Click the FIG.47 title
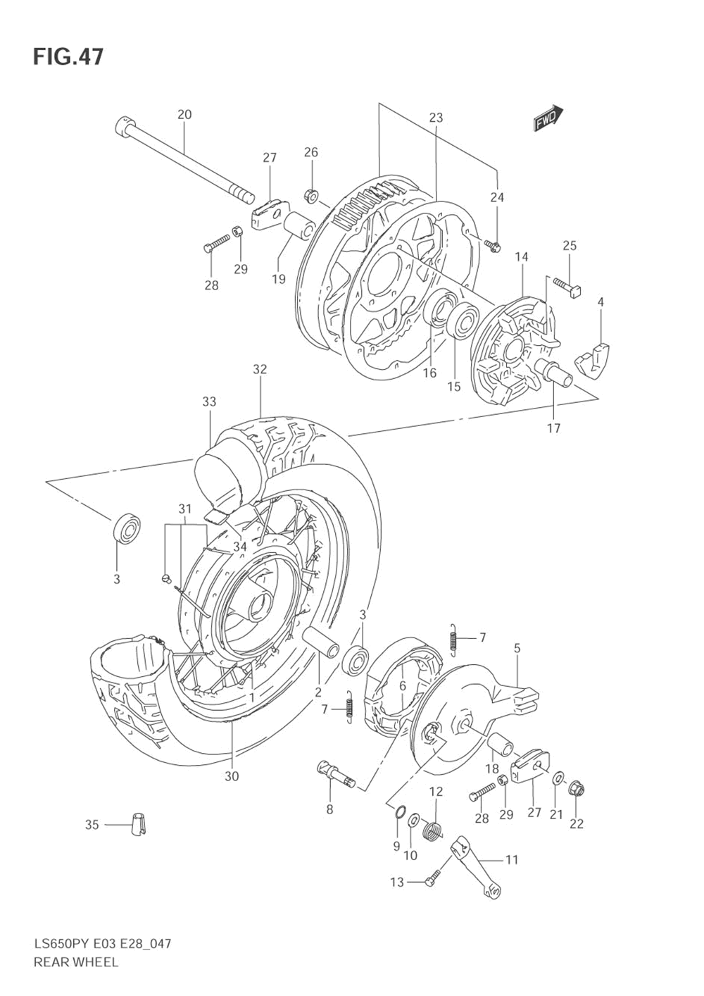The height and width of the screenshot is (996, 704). coord(68,56)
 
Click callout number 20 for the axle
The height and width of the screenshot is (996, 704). coord(184,115)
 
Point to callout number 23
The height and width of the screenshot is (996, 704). coord(436,118)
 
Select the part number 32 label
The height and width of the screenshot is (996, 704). coord(260,369)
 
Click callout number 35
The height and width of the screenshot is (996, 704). coord(92,824)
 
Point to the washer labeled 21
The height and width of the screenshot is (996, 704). coord(557,778)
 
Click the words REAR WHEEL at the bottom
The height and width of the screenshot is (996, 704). coord(76,961)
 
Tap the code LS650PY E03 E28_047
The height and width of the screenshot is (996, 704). coord(102,943)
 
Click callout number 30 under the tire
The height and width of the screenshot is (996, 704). coord(232,776)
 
